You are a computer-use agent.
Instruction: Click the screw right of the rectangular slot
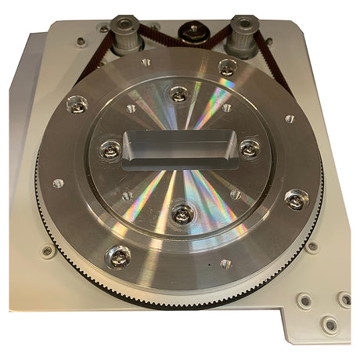tap(250, 147)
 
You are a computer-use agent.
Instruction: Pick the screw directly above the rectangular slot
tap(180, 95)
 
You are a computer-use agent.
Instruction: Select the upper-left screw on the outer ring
tap(77, 103)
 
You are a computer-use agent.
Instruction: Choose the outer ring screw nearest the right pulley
tap(228, 67)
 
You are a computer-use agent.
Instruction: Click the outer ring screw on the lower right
tap(294, 200)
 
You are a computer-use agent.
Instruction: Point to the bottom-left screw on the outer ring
tap(119, 255)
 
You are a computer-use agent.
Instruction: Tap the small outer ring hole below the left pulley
tap(146, 60)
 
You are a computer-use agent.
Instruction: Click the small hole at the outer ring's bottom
tap(226, 264)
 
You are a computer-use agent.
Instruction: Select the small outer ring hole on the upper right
tap(290, 119)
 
